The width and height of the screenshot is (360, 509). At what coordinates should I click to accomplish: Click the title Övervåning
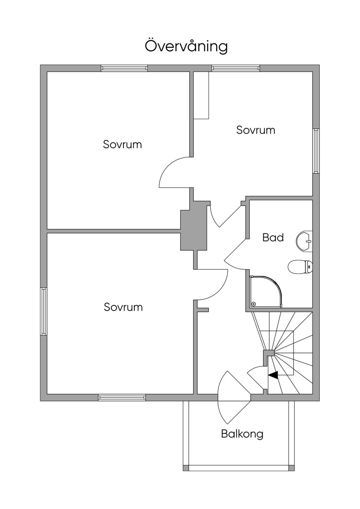[x=186, y=46]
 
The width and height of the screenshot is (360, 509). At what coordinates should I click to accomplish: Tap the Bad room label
[x=273, y=238]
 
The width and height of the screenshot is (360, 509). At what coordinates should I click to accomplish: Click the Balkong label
[x=242, y=434]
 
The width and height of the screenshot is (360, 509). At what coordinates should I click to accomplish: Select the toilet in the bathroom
[x=300, y=267]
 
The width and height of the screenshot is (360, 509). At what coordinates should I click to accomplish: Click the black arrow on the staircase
[x=273, y=375]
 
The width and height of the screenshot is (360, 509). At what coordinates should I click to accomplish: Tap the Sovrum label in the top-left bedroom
[x=122, y=144]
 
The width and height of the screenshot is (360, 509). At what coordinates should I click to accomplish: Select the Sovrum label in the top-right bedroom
[x=256, y=130]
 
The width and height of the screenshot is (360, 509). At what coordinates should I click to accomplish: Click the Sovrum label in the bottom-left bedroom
[x=123, y=307]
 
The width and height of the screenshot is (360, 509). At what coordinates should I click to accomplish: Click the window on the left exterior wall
[x=44, y=311]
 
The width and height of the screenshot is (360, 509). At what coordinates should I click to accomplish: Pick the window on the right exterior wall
[x=316, y=151]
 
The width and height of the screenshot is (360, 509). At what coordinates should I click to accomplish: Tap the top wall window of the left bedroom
[x=124, y=68]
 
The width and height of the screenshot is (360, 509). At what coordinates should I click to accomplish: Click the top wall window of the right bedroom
[x=236, y=68]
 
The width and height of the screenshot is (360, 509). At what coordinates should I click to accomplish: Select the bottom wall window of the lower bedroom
[x=122, y=398]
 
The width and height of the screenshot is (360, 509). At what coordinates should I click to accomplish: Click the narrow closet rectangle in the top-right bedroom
[x=201, y=95]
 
